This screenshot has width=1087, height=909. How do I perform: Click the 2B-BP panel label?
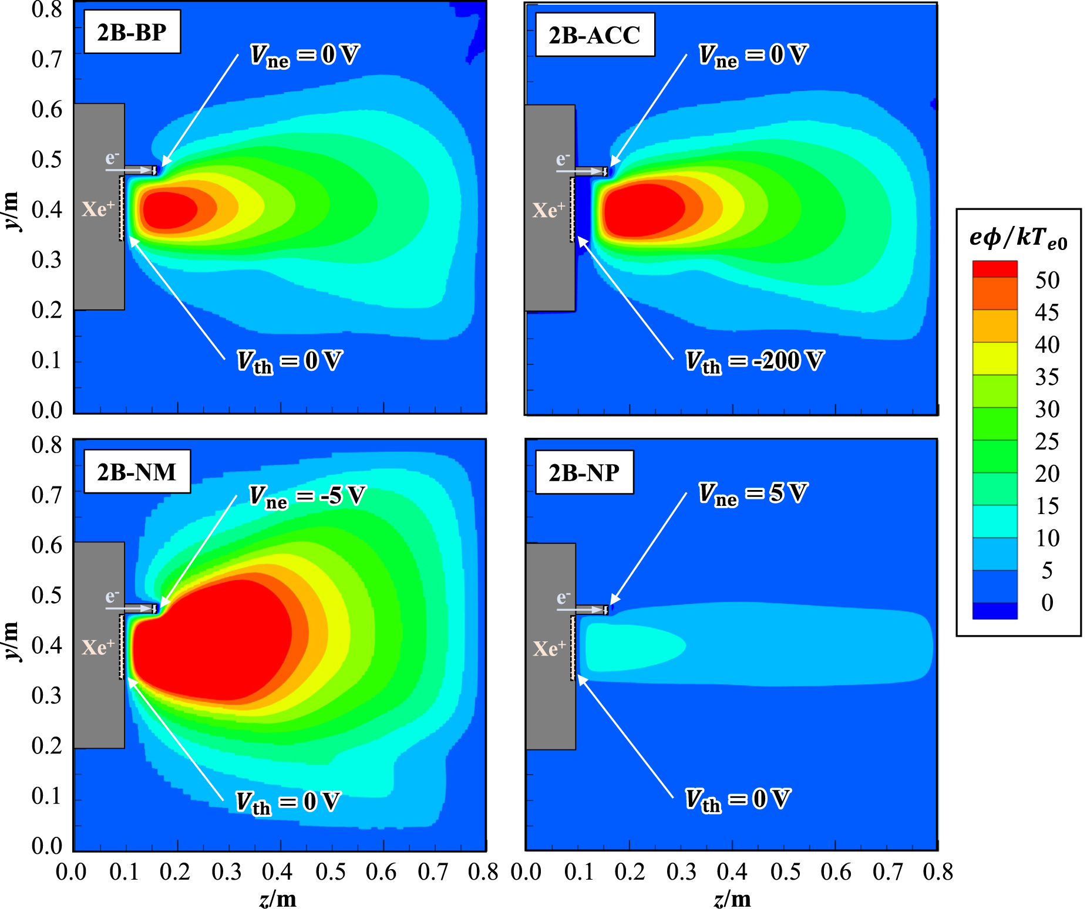[x=132, y=32]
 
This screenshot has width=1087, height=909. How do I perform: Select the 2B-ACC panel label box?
[x=594, y=35]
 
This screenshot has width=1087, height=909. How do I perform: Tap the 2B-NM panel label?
[x=136, y=472]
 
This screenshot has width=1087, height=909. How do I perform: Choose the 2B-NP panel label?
[x=584, y=472]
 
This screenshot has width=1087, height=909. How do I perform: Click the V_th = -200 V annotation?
[x=755, y=361]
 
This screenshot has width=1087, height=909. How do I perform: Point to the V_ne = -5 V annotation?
[x=307, y=496]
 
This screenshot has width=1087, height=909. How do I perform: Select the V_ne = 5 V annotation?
[x=753, y=494]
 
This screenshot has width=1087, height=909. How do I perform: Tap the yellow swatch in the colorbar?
[x=995, y=359]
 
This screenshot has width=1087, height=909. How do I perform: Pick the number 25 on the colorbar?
[x=1047, y=441]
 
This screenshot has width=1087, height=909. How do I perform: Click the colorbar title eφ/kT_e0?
[x=1018, y=238]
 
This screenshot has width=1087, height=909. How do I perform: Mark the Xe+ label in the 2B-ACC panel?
[x=548, y=210]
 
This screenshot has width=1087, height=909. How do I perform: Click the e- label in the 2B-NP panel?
[x=563, y=597]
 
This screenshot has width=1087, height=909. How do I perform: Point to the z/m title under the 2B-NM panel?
[x=278, y=898]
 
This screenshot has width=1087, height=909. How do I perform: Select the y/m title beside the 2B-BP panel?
[x=12, y=211]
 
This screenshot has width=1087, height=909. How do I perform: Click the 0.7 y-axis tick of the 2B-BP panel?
[x=47, y=59]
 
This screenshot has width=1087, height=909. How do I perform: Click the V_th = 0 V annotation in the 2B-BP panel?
[x=290, y=361]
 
